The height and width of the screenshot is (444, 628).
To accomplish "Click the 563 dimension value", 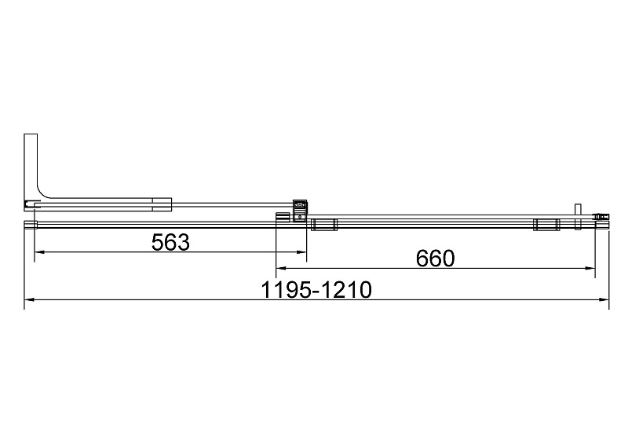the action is coord(170,242).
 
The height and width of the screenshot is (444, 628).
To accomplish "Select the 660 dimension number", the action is coord(436,259).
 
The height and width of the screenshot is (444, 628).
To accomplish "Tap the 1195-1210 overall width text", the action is coord(316,290).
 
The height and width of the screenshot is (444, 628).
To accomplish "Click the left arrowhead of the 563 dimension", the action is coord(39,252).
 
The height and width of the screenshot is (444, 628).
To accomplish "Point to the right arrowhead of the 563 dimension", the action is coord(301,252).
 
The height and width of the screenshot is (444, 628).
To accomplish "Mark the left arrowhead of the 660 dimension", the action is coord(281,268).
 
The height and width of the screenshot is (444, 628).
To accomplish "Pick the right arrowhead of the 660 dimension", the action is coord(590,268).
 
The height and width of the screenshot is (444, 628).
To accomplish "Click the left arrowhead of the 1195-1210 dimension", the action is coord(29,299).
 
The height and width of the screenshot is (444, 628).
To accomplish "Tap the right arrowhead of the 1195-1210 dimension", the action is coord(604,299).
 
